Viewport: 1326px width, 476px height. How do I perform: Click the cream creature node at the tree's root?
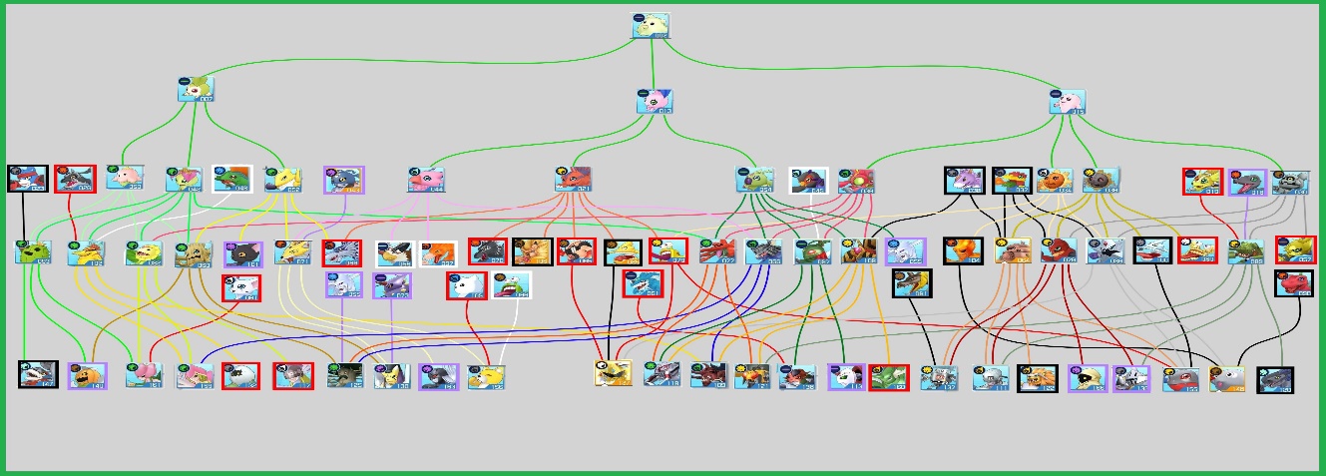[651, 26]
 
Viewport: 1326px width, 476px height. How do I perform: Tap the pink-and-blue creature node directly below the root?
[656, 102]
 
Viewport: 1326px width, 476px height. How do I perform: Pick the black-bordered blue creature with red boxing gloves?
[25, 179]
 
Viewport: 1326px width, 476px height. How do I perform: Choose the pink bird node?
[426, 180]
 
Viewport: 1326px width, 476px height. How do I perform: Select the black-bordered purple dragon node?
[964, 181]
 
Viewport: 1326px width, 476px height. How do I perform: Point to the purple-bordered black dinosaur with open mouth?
[342, 180]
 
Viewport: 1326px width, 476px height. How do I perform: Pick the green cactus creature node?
[32, 252]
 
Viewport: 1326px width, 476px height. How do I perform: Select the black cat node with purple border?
[243, 253]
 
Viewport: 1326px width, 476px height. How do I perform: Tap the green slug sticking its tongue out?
[511, 285]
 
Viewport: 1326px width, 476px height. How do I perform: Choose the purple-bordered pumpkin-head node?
[87, 375]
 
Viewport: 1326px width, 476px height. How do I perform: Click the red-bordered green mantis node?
[887, 377]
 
